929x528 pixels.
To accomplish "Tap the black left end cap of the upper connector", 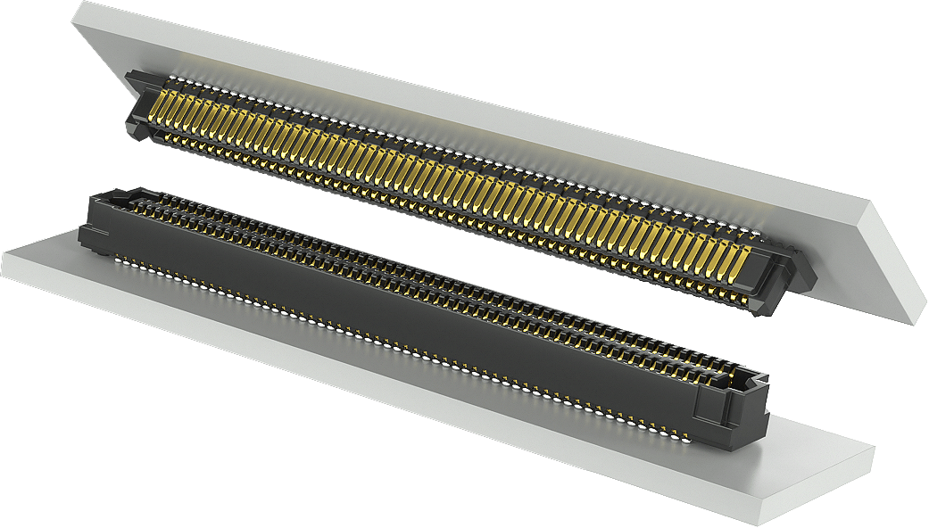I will (x=138, y=111).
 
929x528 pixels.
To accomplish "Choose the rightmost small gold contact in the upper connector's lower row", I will (x=745, y=289).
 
